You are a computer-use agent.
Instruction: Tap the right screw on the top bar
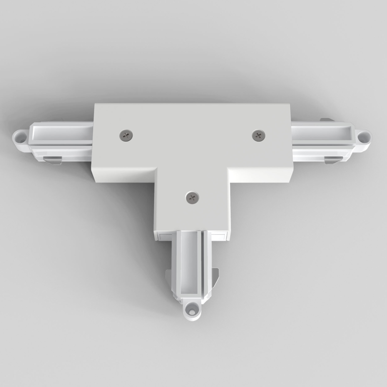tap(259, 135)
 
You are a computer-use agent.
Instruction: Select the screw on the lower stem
tap(192, 197)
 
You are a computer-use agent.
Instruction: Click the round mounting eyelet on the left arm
tap(20, 136)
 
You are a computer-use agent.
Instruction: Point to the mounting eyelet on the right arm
tap(362, 136)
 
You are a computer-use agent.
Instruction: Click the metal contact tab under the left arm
tap(52, 160)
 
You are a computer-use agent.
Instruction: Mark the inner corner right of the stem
tap(228, 170)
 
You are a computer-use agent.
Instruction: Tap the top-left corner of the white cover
tap(96, 104)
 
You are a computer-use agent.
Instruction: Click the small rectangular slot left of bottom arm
tap(165, 235)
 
